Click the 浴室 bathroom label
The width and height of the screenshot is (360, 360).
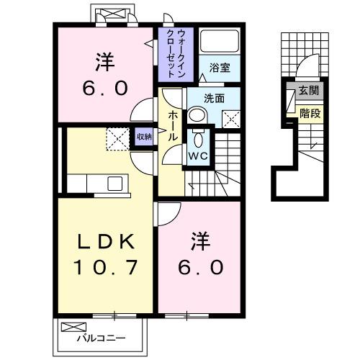220,67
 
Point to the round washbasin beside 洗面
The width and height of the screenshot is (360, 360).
197,114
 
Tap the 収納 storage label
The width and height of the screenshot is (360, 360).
144,136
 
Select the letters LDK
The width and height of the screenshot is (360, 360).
105,240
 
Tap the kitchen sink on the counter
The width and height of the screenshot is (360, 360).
116,183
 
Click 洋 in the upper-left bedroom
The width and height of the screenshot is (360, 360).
105,63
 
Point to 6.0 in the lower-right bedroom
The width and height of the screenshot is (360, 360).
201,266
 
